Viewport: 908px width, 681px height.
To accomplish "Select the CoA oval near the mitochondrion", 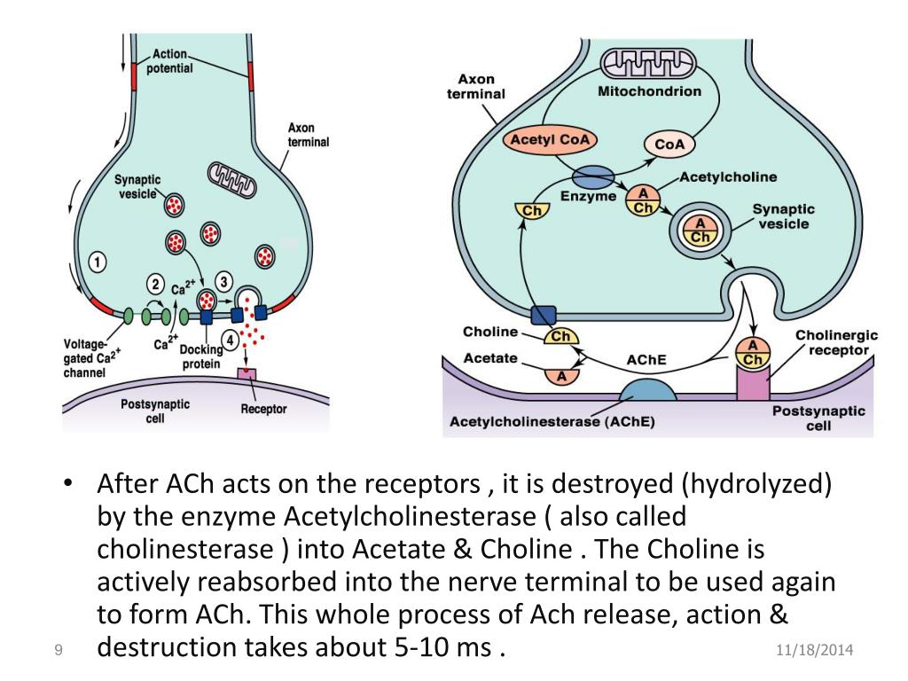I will (x=669, y=145).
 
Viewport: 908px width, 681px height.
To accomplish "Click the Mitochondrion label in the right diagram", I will (x=649, y=91).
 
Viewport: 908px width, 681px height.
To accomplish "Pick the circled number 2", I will (x=157, y=285).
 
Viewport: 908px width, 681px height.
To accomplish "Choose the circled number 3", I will (x=223, y=282).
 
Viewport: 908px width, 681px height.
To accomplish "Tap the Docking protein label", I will (x=202, y=356).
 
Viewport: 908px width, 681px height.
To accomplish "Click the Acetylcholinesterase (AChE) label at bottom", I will (x=552, y=422).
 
